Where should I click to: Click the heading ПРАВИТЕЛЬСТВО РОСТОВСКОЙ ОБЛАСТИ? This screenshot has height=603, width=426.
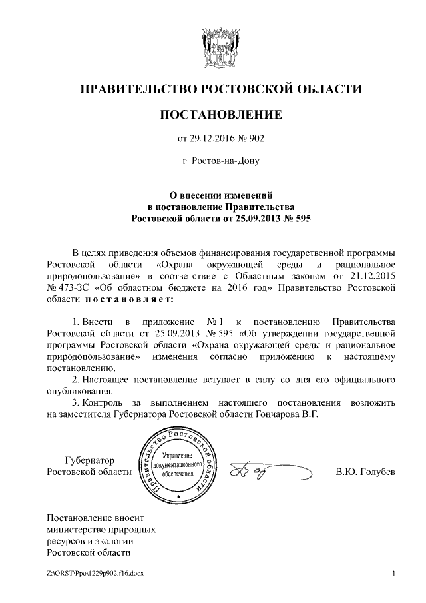pyautogui.click(x=220, y=89)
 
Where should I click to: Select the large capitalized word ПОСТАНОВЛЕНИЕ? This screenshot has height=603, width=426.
pyautogui.click(x=220, y=115)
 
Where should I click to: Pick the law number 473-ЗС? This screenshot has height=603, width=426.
pyautogui.click(x=75, y=287)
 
